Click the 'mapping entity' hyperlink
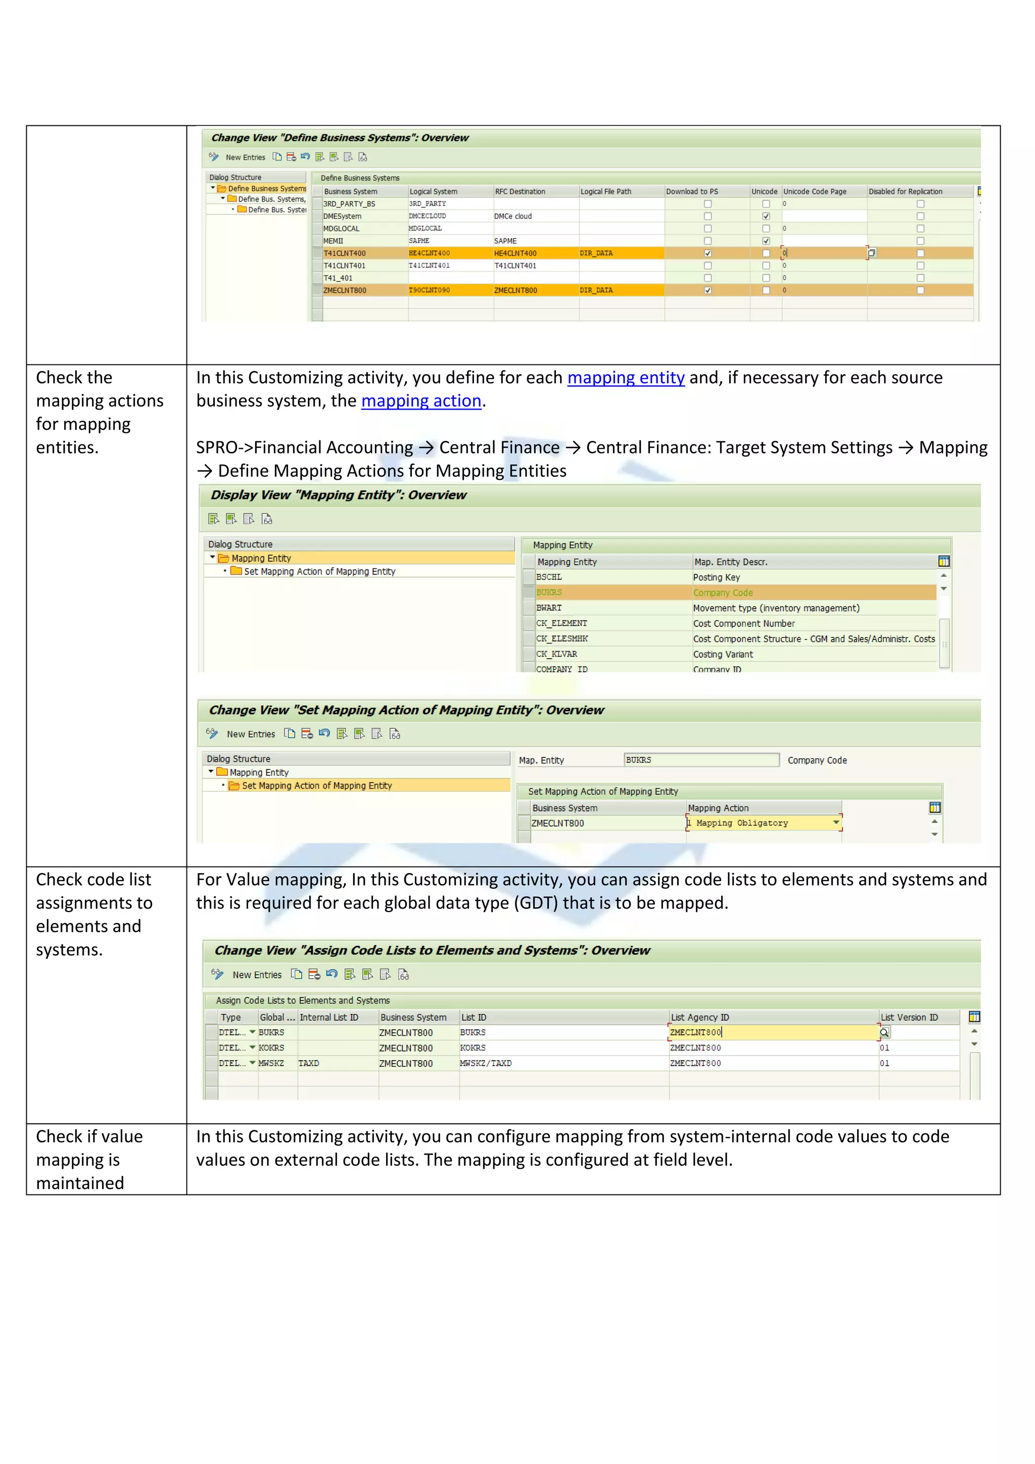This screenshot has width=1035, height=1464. point(625,378)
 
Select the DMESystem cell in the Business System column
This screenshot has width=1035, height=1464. point(343,216)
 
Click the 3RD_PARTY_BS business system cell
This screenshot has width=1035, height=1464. point(349,204)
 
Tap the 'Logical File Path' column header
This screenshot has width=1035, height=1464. point(605,191)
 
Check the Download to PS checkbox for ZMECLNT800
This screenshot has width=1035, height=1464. point(708,291)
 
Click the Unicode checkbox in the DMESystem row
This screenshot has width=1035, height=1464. point(766,216)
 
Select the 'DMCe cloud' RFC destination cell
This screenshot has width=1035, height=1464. point(513,216)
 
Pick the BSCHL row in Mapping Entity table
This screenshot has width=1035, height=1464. point(549,577)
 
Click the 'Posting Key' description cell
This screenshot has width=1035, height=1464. point(716,577)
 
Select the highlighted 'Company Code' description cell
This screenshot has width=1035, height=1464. point(723,592)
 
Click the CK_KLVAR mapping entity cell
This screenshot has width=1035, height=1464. point(557,654)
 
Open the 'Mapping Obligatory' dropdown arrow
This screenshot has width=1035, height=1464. point(835,822)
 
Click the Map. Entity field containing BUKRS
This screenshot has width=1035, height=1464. point(700,760)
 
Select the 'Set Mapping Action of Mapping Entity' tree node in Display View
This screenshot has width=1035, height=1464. point(319,571)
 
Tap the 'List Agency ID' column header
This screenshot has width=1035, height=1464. point(700,1017)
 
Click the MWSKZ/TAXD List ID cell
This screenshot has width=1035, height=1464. point(486,1063)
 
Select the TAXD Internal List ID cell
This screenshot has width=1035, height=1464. point(309,1063)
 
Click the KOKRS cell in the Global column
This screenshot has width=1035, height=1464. point(271,1047)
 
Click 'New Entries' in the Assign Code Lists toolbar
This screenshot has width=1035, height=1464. point(256,975)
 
